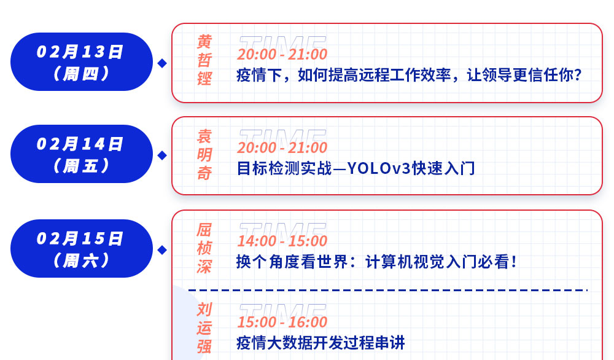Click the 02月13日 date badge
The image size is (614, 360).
click(x=82, y=62)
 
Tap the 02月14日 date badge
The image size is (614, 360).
click(x=82, y=154)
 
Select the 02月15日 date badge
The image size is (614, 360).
click(x=82, y=248)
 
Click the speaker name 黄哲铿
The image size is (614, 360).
click(x=204, y=60)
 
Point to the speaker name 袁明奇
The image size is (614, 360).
click(x=204, y=155)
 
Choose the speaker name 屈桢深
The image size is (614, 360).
click(x=204, y=248)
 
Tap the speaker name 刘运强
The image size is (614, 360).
click(x=204, y=328)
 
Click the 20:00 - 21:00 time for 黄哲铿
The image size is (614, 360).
click(x=282, y=55)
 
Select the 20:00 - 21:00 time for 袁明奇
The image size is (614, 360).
click(x=282, y=147)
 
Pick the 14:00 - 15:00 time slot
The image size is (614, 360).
click(x=282, y=241)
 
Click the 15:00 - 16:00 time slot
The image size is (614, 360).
click(x=282, y=322)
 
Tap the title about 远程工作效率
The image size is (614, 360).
click(x=409, y=75)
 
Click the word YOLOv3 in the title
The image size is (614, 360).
click(x=379, y=168)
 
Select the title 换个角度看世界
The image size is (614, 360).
click(x=376, y=262)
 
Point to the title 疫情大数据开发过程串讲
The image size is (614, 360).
click(x=321, y=343)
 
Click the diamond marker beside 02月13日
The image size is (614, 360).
click(x=162, y=63)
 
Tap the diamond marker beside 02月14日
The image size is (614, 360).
click(x=162, y=155)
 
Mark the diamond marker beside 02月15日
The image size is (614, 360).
click(x=162, y=250)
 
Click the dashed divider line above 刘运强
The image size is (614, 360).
click(x=387, y=290)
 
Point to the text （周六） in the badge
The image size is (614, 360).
click(x=82, y=260)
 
